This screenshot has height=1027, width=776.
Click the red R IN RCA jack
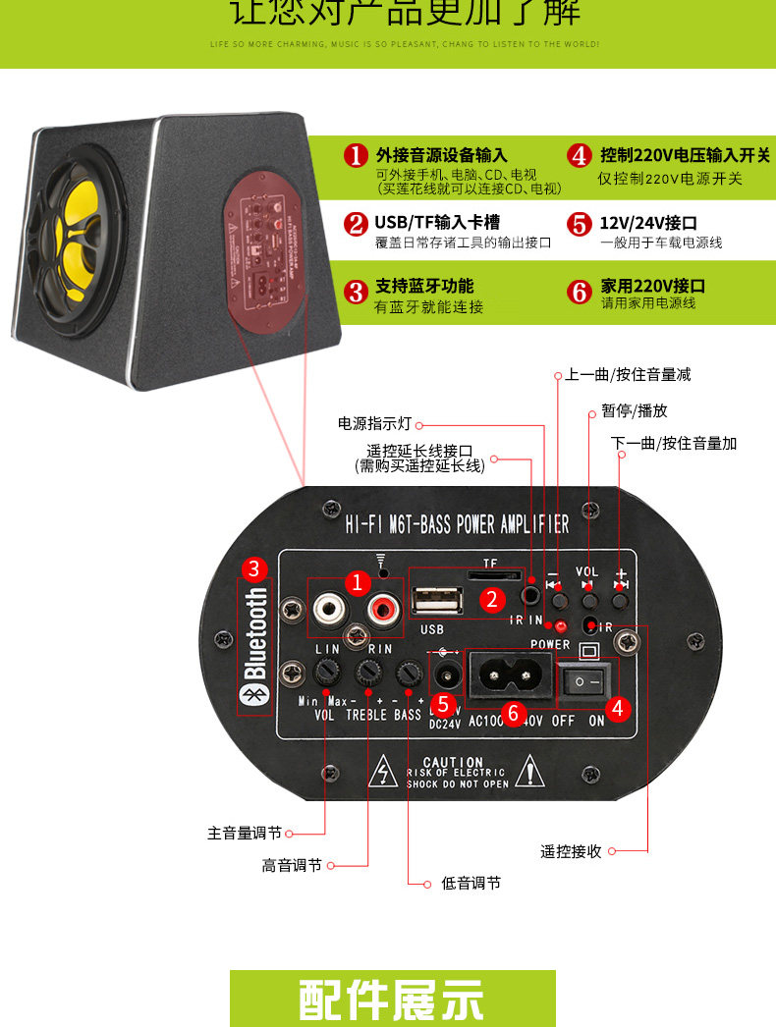(x=380, y=611)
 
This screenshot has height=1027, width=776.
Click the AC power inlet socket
(x=509, y=676)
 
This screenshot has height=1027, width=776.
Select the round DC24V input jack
(x=447, y=676)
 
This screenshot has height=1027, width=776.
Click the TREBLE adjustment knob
(x=368, y=673)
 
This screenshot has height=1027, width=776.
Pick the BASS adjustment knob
(x=408, y=673)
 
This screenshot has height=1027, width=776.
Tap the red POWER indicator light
(x=562, y=625)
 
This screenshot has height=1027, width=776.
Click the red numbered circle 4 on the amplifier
(x=617, y=707)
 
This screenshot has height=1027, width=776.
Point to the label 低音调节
(x=471, y=884)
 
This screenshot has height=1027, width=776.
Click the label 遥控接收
(x=571, y=851)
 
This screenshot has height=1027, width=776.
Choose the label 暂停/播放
(x=634, y=410)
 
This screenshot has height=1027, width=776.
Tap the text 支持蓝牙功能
(x=423, y=286)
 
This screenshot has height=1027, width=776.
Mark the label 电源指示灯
(x=375, y=424)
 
